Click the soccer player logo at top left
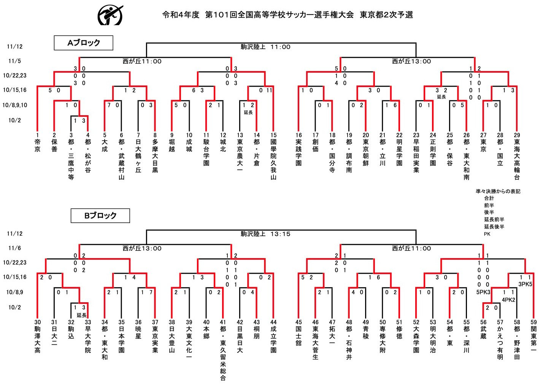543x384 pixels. pyautogui.click(x=110, y=15)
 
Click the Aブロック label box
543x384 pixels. pyautogui.click(x=83, y=43)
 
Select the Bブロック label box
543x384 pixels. pyautogui.click(x=100, y=216)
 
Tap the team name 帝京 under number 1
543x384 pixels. pyautogui.click(x=37, y=146)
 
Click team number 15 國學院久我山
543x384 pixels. pyautogui.click(x=273, y=156)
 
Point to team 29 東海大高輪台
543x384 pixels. pyautogui.click(x=517, y=156)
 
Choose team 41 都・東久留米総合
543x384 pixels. pyautogui.click(x=223, y=350)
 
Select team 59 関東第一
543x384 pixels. pyautogui.click(x=533, y=336)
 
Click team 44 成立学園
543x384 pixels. pyautogui.click(x=273, y=336)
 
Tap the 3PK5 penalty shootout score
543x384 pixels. pyautogui.click(x=525, y=284)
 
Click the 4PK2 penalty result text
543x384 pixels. pyautogui.click(x=508, y=300)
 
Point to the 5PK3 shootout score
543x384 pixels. pyautogui.click(x=483, y=292)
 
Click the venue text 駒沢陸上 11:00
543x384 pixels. pyautogui.click(x=265, y=47)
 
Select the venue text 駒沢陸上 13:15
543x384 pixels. pyautogui.click(x=265, y=234)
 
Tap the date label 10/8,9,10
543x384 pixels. pyautogui.click(x=15, y=105)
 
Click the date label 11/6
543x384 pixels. pyautogui.click(x=14, y=248)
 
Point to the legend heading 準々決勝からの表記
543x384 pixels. pyautogui.click(x=498, y=192)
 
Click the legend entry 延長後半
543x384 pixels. pyautogui.click(x=494, y=227)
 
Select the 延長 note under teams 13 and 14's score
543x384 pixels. pyautogui.click(x=248, y=113)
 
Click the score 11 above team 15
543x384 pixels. pyautogui.click(x=269, y=90)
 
